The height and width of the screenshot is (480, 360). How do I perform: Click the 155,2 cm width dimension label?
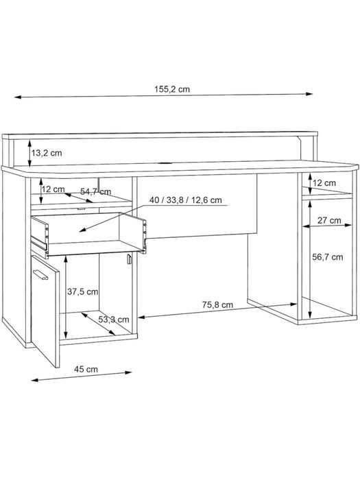171,89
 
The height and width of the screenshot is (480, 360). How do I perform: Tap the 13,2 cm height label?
47,153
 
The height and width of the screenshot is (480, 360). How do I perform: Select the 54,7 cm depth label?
95,192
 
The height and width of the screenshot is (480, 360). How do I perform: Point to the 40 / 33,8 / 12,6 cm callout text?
186,200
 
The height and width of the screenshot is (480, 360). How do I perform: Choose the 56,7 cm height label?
328,257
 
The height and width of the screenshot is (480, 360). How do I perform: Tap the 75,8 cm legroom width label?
217,305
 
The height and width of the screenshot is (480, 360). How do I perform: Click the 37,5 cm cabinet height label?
83,291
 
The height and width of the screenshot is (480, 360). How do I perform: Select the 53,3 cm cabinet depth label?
114,320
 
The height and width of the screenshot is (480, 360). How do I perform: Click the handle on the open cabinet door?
40,274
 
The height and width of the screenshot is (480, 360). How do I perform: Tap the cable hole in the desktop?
166,163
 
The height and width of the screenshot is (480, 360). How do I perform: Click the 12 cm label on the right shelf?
324,183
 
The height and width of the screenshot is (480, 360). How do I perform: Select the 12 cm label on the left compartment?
53,189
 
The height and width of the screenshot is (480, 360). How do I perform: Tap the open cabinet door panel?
45,311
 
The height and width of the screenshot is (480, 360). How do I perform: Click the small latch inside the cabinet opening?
129,259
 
